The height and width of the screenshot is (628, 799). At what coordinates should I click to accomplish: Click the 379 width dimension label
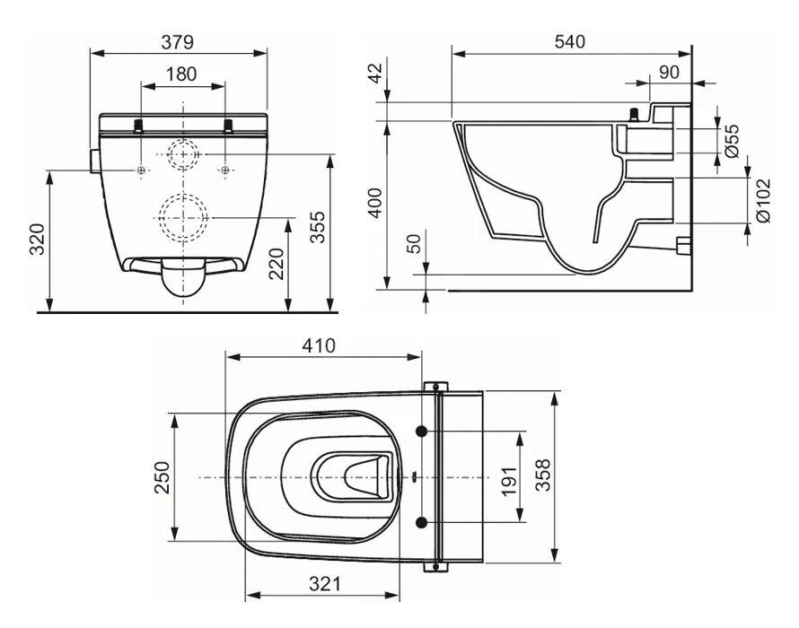(x=179, y=42)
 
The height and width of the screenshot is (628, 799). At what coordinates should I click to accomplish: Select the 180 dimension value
(x=182, y=75)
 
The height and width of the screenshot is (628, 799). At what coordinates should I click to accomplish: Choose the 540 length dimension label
(x=569, y=42)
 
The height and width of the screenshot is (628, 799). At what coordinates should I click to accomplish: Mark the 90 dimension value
(x=669, y=72)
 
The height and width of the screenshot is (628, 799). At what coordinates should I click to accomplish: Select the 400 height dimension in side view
(x=377, y=204)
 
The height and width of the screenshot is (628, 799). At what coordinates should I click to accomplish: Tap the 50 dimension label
(x=412, y=245)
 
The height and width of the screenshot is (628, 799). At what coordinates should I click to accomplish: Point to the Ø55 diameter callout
(x=732, y=141)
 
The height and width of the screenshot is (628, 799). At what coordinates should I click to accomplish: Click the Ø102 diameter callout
(x=762, y=201)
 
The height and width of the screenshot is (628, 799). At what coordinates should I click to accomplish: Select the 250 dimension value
(x=162, y=478)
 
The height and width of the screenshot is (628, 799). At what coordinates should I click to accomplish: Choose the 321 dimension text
(x=325, y=584)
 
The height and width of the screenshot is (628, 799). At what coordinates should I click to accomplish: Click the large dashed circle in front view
(x=183, y=215)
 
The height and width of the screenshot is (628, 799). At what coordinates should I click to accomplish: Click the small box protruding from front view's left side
(x=94, y=160)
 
